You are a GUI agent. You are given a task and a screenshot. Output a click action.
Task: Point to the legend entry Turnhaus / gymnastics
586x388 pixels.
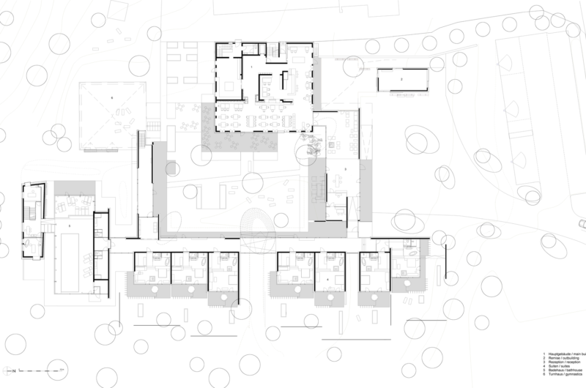(x=563, y=378)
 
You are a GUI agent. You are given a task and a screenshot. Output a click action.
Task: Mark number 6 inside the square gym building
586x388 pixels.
(x=111, y=97)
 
